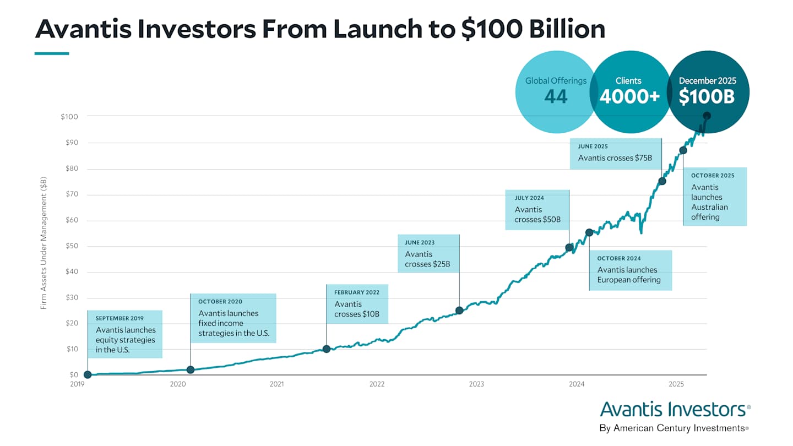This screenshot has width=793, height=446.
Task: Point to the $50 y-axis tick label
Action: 72,246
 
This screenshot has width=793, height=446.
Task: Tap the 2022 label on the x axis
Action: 377,384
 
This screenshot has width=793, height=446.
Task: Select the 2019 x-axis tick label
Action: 77,384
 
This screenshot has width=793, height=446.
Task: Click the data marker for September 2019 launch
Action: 88,375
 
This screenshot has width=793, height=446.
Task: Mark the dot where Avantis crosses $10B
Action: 326,349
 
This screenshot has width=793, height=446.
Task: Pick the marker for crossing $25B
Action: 459,310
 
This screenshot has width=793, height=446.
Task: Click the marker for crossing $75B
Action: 662,181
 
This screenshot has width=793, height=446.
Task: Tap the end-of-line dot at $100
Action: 707,116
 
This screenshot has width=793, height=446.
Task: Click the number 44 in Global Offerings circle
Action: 556,97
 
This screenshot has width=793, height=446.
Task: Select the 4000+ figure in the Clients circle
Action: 629,97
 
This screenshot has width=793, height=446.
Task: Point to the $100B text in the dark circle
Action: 707,97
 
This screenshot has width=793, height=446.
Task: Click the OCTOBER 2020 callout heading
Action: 220,302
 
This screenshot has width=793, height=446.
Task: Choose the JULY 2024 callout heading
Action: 529,198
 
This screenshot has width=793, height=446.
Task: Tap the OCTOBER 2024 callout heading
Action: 619,258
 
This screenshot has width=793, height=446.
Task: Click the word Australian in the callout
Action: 709,207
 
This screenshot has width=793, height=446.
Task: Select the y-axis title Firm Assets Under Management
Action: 44,243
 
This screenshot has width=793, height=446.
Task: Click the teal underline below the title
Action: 52,53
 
